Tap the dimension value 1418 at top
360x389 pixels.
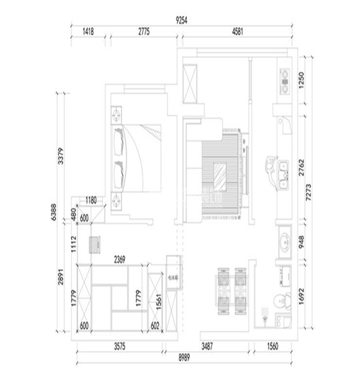(88, 32)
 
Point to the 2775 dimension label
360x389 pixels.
(144, 32)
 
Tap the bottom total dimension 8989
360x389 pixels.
(183, 357)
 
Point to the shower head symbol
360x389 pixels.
(263, 311)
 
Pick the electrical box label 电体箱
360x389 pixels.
(173, 278)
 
